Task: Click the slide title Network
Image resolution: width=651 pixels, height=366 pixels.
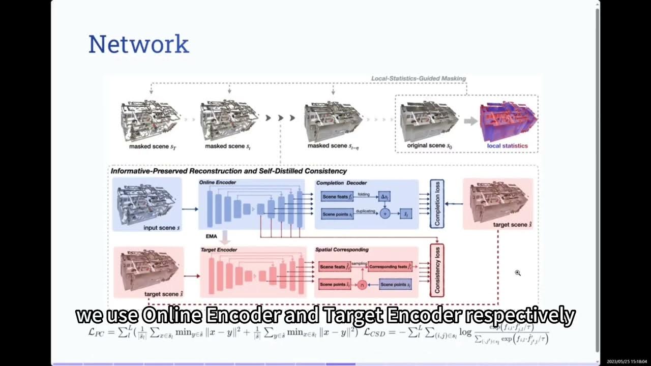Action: click(138, 44)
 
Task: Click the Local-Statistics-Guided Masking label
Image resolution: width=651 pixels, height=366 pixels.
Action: click(418, 78)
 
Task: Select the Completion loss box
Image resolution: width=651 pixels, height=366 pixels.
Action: click(437, 203)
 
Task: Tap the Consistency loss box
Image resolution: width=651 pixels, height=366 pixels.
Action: click(437, 270)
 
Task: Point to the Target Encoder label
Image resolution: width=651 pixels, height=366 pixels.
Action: click(219, 250)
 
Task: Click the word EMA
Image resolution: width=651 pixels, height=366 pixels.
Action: click(211, 236)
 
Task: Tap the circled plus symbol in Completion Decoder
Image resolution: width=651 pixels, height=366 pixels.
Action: click(384, 213)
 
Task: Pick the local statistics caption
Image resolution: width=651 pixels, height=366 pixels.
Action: click(507, 146)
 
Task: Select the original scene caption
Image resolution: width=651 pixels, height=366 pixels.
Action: click(429, 146)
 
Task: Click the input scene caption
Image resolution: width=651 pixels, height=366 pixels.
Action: click(162, 228)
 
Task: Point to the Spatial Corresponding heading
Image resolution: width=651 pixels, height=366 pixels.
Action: click(342, 250)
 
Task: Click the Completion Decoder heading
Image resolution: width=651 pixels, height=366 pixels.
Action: click(341, 183)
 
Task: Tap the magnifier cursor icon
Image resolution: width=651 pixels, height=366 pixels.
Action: click(518, 273)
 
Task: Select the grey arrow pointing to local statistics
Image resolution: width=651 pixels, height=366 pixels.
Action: click(469, 121)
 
